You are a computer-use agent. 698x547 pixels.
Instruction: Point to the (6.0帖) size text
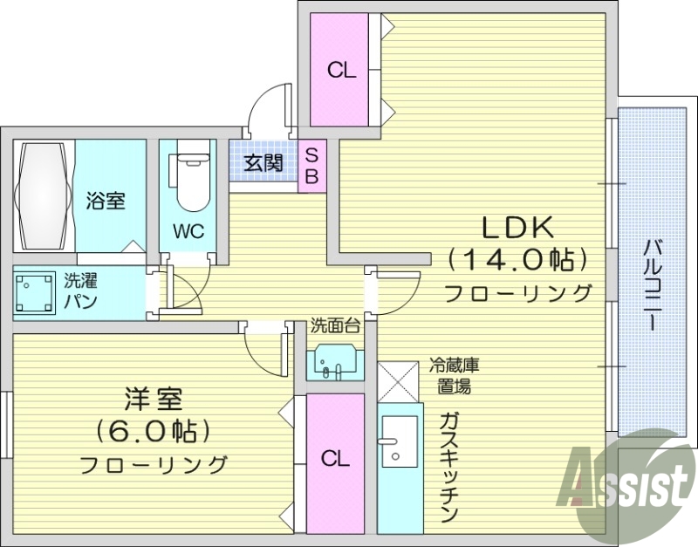[x=153, y=431]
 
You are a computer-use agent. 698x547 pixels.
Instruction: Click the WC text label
[x=188, y=232]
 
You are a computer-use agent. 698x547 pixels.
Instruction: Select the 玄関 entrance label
[x=263, y=162]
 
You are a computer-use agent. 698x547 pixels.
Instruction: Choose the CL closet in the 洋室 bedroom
[x=335, y=458]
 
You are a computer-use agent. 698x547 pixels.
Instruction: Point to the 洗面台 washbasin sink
[x=331, y=361]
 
